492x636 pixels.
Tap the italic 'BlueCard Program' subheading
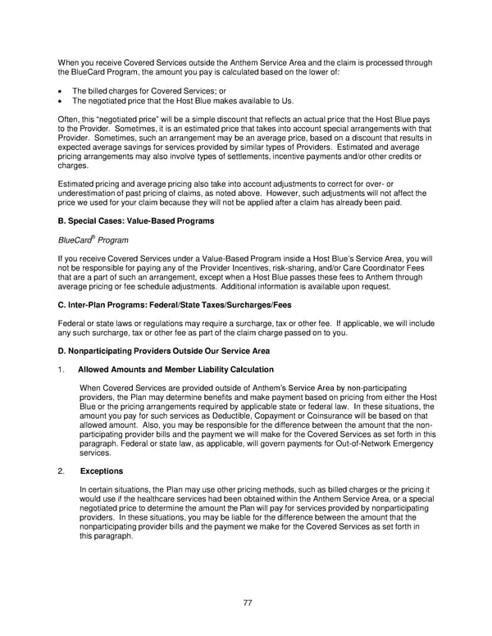click(x=93, y=241)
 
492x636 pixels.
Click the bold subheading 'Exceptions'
click(x=102, y=471)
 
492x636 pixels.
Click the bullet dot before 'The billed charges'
click(x=61, y=90)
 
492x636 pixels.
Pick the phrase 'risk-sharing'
click(x=297, y=267)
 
